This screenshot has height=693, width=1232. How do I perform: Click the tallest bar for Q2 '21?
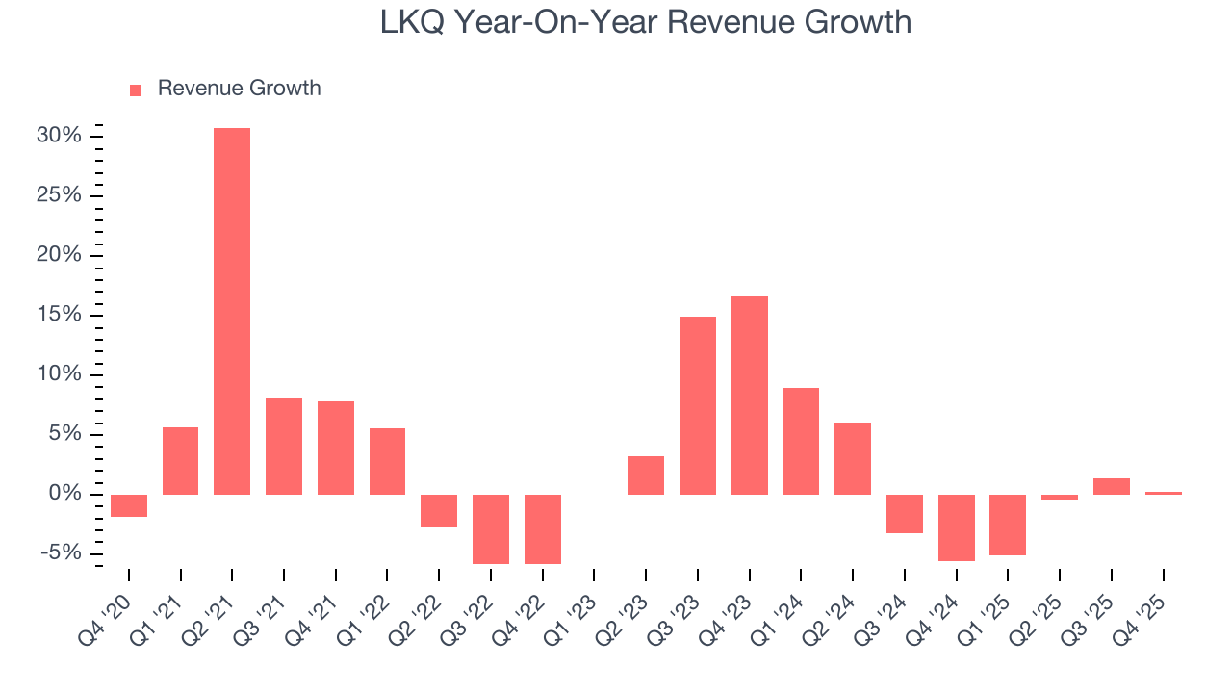(232, 311)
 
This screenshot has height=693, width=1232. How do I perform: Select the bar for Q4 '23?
(750, 396)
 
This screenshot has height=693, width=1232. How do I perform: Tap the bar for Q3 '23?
(698, 405)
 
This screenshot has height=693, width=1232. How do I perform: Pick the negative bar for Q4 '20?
(129, 506)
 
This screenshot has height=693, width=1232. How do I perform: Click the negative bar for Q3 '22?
(491, 529)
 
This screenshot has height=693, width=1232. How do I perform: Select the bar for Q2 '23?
(646, 475)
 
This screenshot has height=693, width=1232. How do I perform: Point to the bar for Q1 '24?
(801, 441)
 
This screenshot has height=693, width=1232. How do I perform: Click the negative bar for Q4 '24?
(957, 527)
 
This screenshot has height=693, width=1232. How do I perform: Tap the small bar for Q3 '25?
(1112, 487)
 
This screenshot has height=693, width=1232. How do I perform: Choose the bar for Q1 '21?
(181, 461)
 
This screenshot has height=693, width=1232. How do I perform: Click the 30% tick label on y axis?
(59, 136)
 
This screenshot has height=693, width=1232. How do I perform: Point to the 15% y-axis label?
(59, 315)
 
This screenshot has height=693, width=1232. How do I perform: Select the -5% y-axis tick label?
(61, 553)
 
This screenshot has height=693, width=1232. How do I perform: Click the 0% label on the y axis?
(65, 494)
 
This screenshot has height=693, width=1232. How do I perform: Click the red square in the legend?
(136, 90)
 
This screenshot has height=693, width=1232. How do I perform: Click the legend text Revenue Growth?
(239, 89)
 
